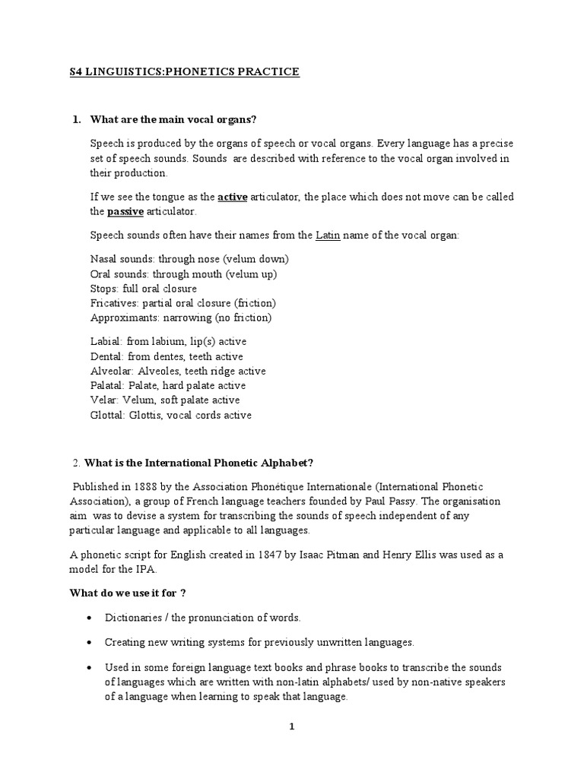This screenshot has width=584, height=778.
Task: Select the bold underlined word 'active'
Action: (x=232, y=197)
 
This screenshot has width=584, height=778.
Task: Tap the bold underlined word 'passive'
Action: (x=125, y=211)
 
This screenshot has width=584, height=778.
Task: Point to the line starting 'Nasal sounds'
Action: (x=189, y=259)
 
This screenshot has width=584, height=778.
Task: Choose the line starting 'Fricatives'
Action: (x=182, y=302)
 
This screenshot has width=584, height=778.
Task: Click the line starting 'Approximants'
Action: (x=180, y=317)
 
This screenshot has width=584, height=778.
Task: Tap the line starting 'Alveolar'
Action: (x=177, y=372)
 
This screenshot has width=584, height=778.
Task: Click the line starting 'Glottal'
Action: (x=170, y=415)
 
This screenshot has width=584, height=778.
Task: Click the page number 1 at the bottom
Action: (x=291, y=726)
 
